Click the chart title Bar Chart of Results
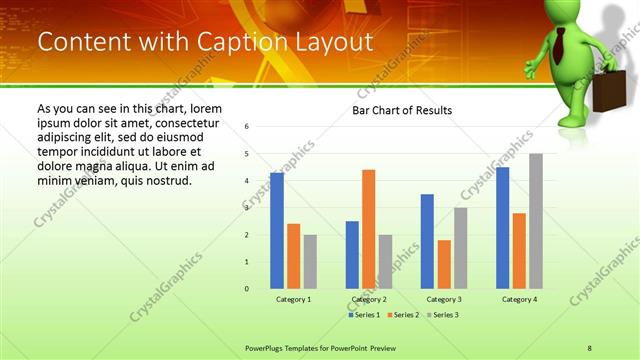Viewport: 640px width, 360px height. (401, 110)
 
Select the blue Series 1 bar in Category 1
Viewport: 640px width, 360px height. (277, 230)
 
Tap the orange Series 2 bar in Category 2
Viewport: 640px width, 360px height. (368, 229)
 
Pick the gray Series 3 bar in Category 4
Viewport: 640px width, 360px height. (536, 221)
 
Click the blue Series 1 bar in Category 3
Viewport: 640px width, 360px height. (427, 241)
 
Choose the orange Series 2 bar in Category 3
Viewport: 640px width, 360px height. (444, 264)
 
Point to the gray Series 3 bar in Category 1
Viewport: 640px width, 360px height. (310, 261)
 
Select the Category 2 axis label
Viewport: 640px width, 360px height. (368, 300)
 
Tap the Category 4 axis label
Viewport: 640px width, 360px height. (519, 300)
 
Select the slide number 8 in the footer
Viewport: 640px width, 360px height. (590, 347)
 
